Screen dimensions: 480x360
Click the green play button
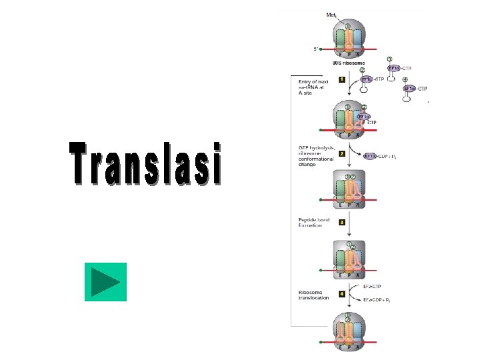(105, 282)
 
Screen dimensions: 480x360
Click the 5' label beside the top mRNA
(316, 49)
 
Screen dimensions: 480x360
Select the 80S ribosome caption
(348, 63)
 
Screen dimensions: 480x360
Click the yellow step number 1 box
(342, 79)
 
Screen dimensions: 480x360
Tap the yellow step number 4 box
(342, 293)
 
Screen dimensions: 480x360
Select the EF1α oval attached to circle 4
(409, 88)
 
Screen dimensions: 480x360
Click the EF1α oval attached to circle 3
(393, 68)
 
